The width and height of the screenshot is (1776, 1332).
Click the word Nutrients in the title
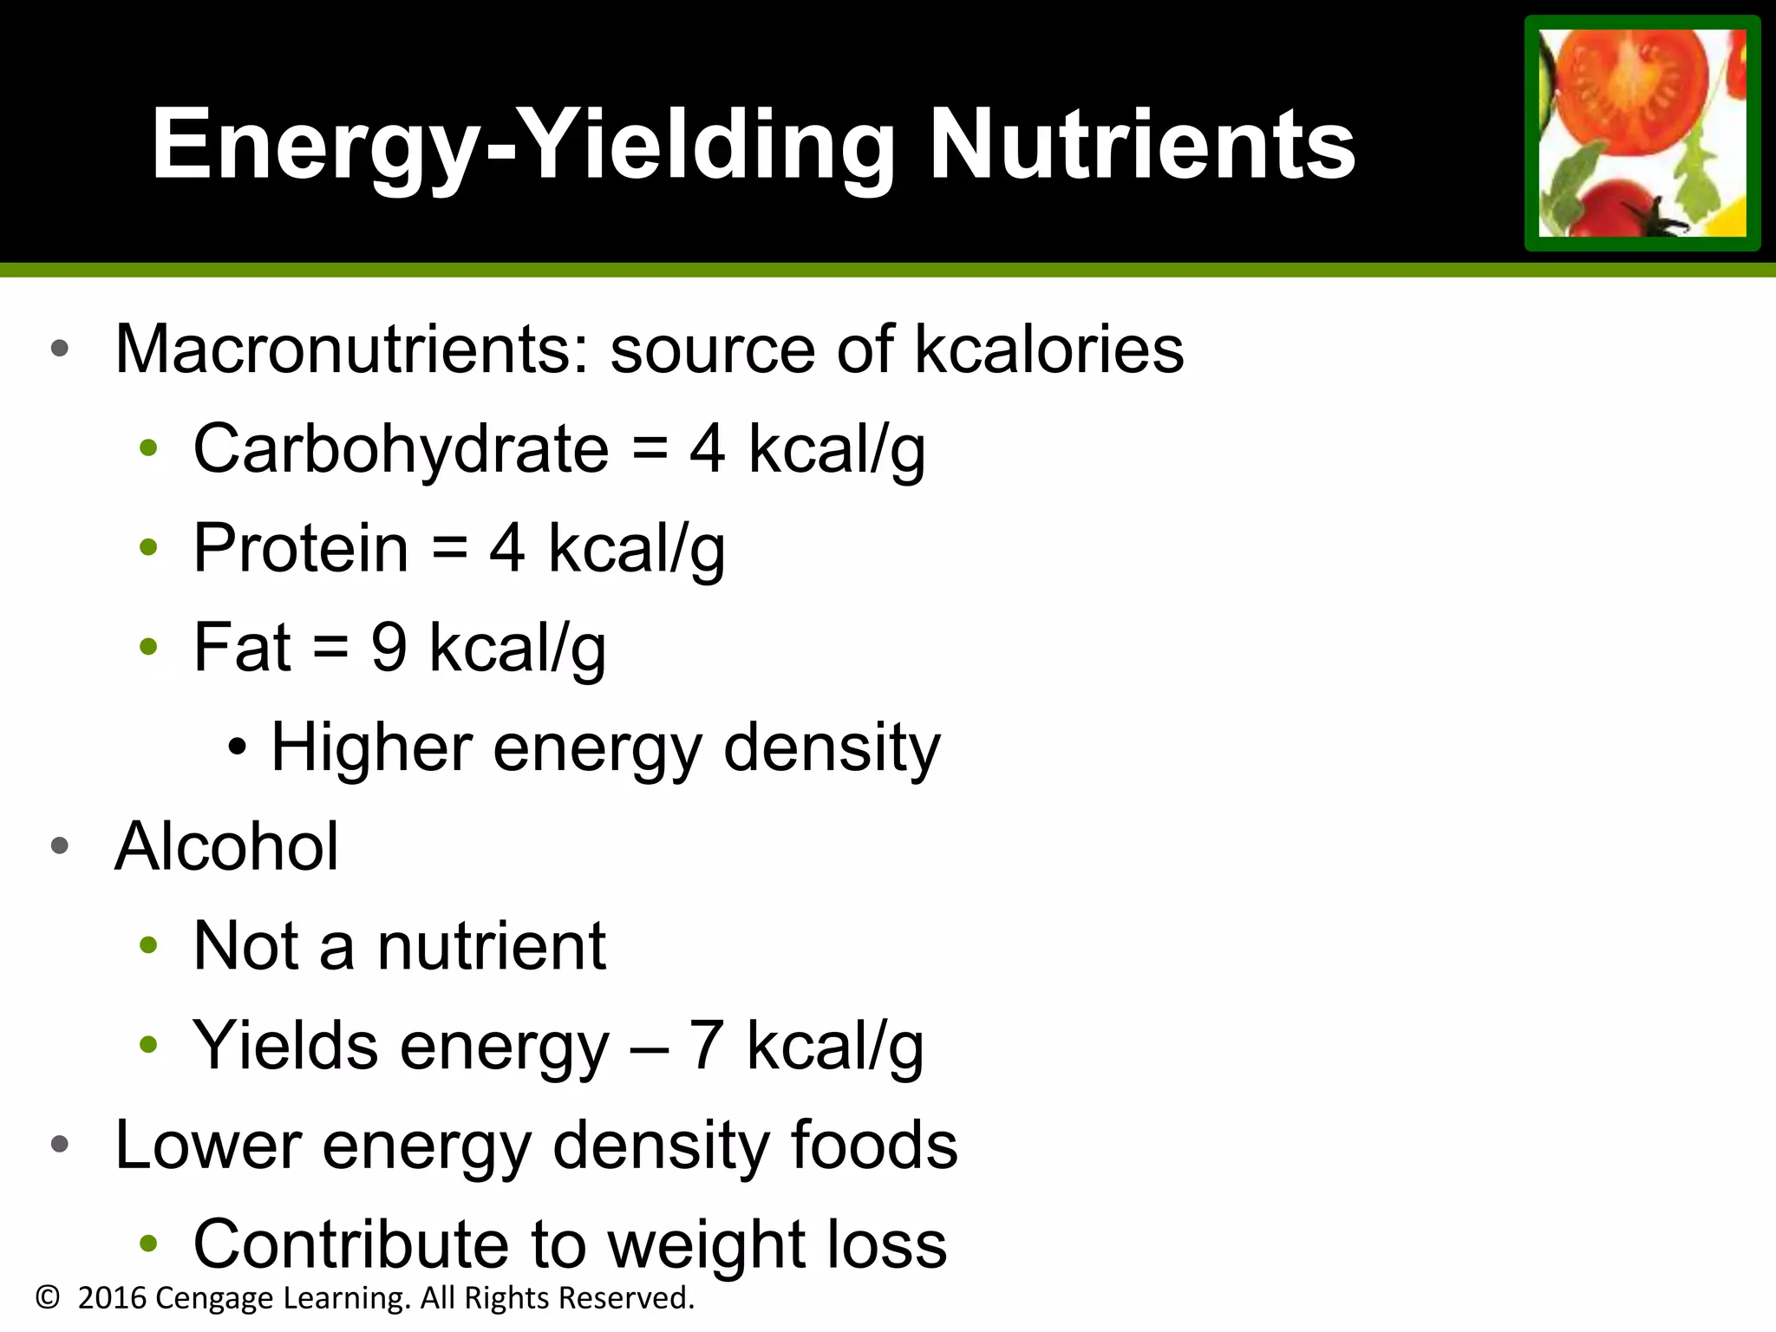coord(1141,144)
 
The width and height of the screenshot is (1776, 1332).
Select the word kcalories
coord(1049,349)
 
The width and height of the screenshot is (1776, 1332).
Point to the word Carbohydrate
coord(401,448)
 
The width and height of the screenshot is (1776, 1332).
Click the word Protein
coord(300,548)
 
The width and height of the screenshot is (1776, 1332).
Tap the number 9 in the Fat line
coord(388,647)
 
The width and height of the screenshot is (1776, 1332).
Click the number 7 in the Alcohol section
coord(706,1045)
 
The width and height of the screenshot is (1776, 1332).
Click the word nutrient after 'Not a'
coord(491,945)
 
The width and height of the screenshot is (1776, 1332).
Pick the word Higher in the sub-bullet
coord(371,747)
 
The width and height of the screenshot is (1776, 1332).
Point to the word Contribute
coord(350,1244)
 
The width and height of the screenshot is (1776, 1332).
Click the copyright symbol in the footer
coord(48,1298)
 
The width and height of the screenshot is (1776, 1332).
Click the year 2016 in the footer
coord(112,1298)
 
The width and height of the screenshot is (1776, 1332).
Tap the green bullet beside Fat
coord(148,647)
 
